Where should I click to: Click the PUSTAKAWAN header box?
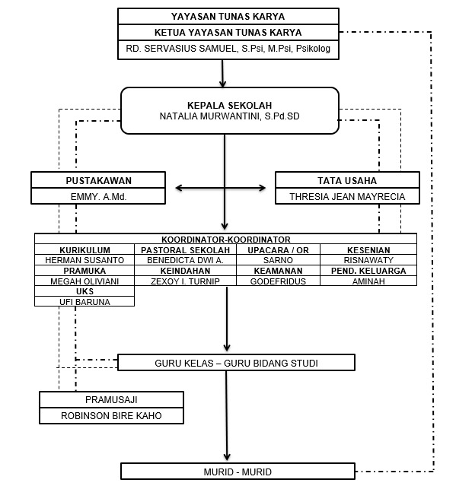[98, 180]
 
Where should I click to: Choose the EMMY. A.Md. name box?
[98, 196]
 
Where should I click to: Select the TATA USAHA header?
[346, 180]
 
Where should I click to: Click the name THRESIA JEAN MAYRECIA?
[346, 196]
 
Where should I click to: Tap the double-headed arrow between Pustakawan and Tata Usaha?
[225, 187]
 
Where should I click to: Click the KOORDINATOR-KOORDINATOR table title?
[225, 238]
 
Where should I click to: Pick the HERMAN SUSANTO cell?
[85, 259]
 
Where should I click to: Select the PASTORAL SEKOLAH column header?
[185, 249]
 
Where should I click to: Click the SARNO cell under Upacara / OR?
[278, 259]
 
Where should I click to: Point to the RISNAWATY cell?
[368, 259]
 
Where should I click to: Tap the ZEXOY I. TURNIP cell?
[185, 281]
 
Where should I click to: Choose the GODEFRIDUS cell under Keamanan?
[278, 281]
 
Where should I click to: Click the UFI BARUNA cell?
[85, 301]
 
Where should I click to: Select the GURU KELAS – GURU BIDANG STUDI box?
[236, 363]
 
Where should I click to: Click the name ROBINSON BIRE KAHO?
[111, 416]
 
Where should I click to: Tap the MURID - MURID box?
[238, 472]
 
